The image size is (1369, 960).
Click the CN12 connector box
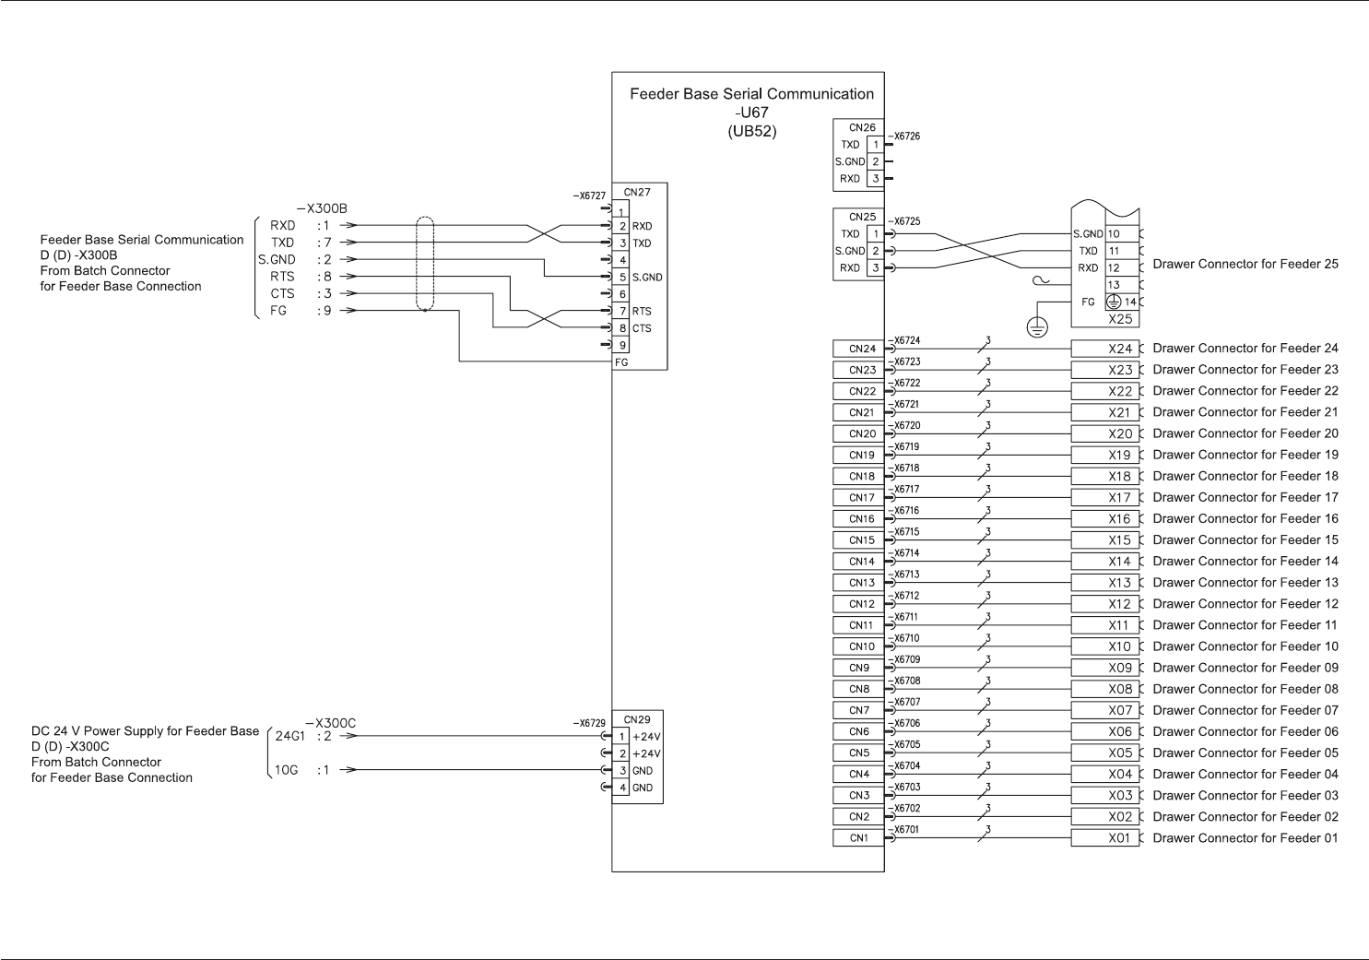858,604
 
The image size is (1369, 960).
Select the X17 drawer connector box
1105,498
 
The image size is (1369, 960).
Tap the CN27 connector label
637,192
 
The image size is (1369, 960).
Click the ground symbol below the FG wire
1037,328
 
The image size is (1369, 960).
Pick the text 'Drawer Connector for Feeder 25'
1245,264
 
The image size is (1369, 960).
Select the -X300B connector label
322,208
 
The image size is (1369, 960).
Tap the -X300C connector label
331,723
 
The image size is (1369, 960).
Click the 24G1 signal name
289,736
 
